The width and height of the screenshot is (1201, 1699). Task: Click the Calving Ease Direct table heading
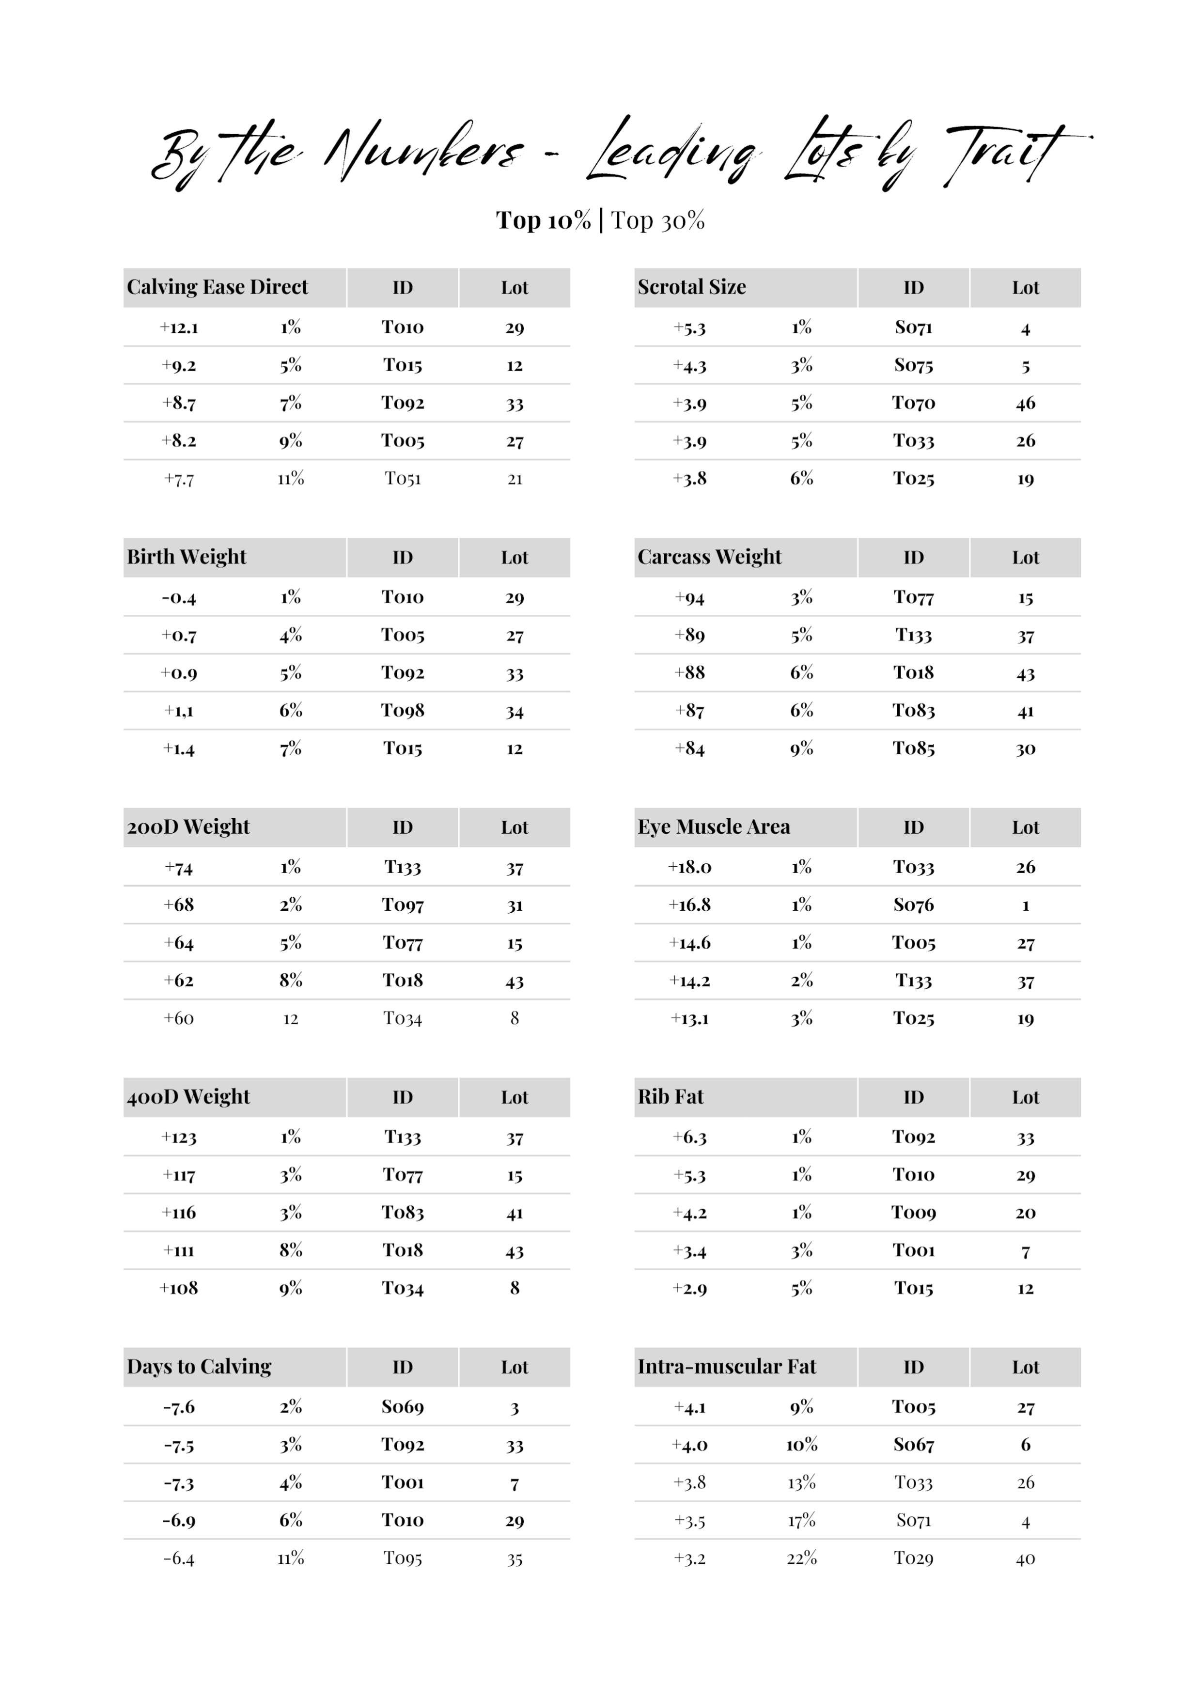coord(217,287)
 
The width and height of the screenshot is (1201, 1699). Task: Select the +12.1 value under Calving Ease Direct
coord(179,328)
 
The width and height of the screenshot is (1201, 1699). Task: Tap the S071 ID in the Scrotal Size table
coord(913,328)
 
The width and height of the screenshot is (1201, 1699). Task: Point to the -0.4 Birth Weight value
coord(179,598)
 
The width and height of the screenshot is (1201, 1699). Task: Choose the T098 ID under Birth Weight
coord(403,711)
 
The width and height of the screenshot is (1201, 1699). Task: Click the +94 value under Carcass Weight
coord(690,598)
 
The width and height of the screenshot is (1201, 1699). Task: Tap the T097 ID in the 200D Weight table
coord(403,905)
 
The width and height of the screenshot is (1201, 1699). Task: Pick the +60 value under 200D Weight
coord(179,1019)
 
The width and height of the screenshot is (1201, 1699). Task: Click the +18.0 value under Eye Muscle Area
coord(690,867)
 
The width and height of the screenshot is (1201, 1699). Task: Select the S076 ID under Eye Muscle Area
coord(913,905)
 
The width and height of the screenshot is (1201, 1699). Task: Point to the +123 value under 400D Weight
coord(179,1138)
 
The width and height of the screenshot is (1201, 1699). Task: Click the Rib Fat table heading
coord(671,1097)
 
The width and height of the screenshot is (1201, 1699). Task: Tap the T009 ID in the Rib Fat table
coord(913,1213)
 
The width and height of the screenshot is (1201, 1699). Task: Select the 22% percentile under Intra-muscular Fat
coord(801,1559)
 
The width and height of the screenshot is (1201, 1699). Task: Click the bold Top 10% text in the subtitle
coord(543,220)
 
